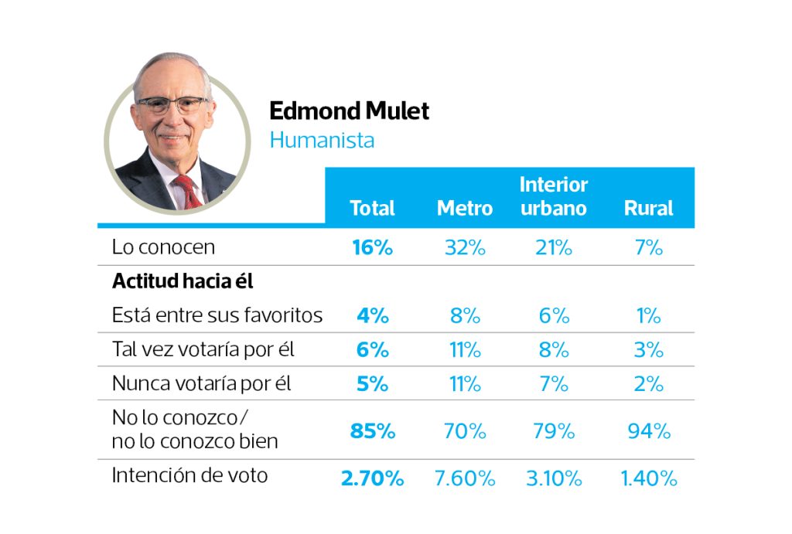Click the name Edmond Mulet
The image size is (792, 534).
point(349,111)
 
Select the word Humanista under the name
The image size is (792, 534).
point(322,141)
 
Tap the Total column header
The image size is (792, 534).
point(372,208)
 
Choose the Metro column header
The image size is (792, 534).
point(464,208)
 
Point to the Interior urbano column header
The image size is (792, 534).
point(554,196)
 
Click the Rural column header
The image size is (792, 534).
point(648,208)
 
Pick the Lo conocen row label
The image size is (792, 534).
point(163,247)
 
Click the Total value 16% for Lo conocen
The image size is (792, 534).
point(372,247)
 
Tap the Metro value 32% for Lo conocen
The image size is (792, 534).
point(464,247)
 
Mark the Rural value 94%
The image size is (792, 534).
point(649,430)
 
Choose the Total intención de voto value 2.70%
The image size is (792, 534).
point(372,478)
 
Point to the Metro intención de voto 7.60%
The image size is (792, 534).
point(464,478)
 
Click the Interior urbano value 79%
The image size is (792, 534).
point(554,430)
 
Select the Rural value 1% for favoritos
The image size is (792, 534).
point(649,315)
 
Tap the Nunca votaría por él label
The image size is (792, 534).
point(201,383)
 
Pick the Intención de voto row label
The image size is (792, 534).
point(189,475)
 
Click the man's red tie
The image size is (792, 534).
point(186,190)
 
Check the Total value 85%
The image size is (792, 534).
point(372,430)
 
